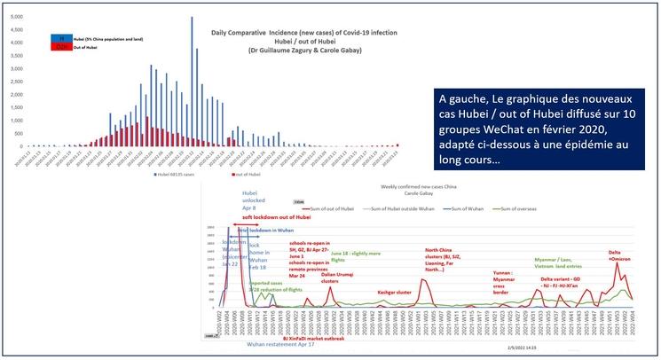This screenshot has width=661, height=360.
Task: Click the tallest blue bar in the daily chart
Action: [192, 80]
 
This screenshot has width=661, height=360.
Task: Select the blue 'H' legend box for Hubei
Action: [60, 40]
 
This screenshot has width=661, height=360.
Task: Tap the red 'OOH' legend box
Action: [60, 49]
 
